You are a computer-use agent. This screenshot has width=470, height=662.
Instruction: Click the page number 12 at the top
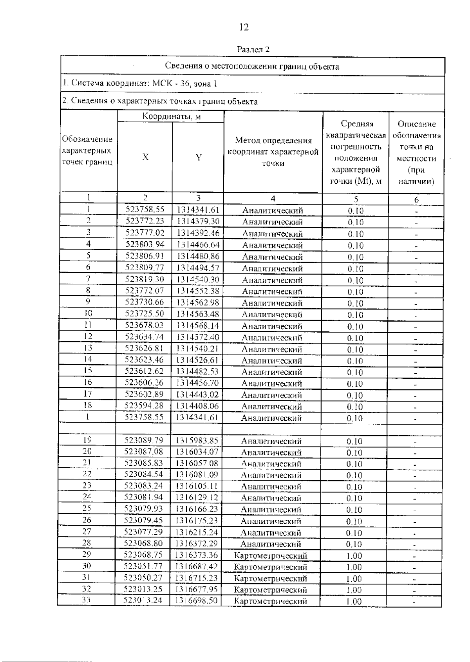click(243, 27)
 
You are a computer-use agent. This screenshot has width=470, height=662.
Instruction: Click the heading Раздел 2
click(253, 50)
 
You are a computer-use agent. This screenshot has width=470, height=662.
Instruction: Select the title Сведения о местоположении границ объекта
click(252, 66)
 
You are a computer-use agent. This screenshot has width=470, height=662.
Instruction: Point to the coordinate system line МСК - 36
click(140, 83)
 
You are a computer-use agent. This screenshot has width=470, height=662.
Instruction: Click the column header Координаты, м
click(172, 116)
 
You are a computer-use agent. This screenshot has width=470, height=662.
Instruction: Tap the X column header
click(145, 157)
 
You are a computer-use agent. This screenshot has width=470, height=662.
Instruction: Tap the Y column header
click(199, 157)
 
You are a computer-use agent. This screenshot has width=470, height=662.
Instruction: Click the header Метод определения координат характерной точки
click(273, 152)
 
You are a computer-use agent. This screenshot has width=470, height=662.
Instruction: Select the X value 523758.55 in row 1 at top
click(145, 210)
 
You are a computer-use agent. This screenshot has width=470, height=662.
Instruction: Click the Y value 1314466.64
click(198, 245)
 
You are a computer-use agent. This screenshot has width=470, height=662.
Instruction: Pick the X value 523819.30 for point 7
click(145, 279)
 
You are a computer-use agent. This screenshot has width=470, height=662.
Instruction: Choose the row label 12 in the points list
click(88, 336)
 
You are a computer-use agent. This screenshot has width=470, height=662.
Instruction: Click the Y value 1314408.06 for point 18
click(197, 406)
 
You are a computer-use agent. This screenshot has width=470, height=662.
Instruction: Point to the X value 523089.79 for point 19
click(144, 440)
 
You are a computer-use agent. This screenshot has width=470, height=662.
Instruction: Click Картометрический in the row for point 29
click(271, 555)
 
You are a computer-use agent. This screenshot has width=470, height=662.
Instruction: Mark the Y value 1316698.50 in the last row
click(196, 601)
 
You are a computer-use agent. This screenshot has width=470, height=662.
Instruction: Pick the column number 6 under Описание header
click(416, 200)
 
